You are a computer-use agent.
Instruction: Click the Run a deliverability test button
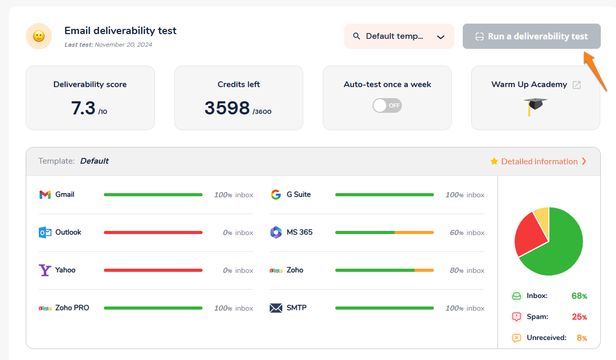532,36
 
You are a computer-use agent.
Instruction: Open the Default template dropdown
399,36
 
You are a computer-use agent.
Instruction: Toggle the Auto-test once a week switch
387,105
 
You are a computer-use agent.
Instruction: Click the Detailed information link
539,162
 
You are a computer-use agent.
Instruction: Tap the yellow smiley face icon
39,36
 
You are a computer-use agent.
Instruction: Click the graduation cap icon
535,105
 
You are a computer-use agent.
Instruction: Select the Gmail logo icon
45,195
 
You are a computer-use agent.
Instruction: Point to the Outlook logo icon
45,232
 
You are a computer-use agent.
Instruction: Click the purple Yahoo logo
45,270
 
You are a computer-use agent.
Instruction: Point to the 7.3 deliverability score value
83,108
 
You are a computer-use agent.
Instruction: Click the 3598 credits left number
227,108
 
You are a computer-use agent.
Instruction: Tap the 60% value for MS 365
456,232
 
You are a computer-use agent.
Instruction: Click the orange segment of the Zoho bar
424,270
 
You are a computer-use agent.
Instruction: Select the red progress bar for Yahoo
153,270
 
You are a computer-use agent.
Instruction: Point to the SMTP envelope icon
276,308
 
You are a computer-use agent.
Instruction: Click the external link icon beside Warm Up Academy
577,85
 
